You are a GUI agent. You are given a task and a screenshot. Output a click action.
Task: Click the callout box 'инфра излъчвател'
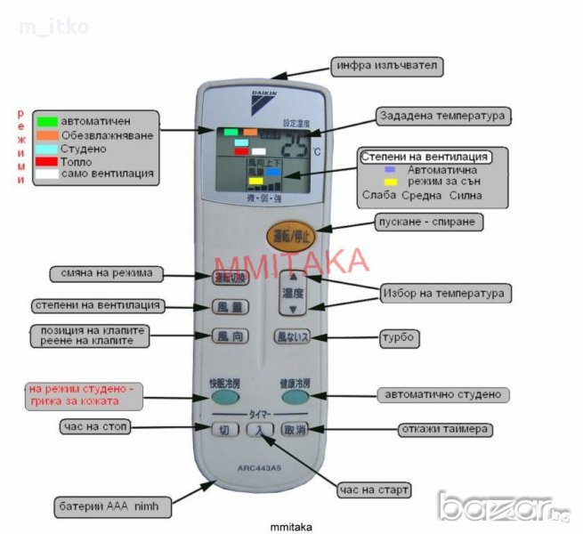point(385,66)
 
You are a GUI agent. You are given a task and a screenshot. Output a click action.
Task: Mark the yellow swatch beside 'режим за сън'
point(391,182)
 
